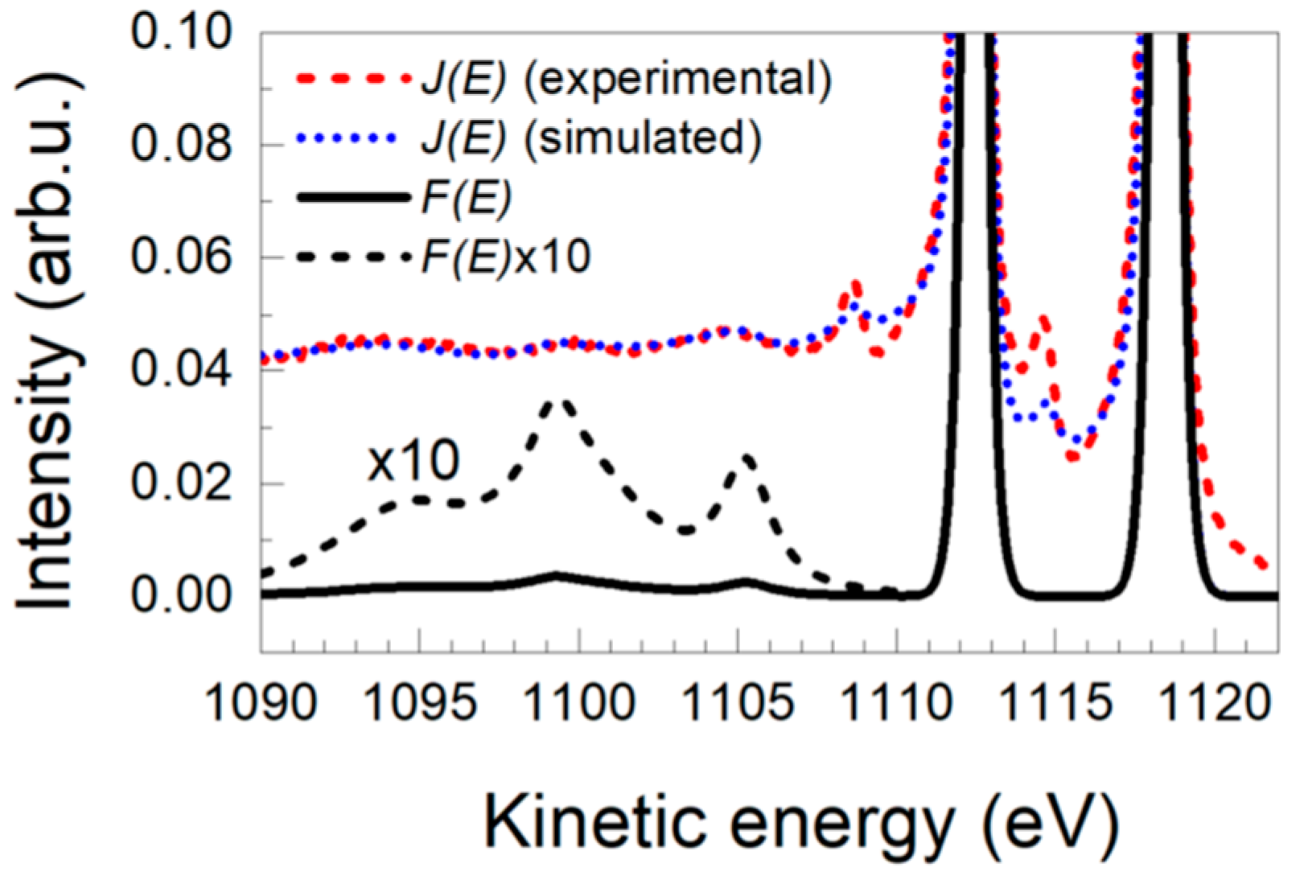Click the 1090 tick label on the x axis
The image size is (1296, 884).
pos(261,702)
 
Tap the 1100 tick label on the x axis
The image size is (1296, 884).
pos(578,702)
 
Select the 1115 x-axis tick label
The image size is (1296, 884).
pos(1056,702)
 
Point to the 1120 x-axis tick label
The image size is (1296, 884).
pos(1215,702)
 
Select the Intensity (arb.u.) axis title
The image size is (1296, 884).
pos(48,342)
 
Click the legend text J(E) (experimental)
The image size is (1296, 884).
pos(626,80)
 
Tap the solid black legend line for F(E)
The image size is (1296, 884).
pos(352,198)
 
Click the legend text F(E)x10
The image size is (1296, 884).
pos(505,257)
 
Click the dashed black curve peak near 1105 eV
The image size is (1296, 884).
pos(747,458)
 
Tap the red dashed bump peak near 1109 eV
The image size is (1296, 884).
pos(854,285)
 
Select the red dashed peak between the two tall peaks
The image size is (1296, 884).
pos(1043,320)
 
